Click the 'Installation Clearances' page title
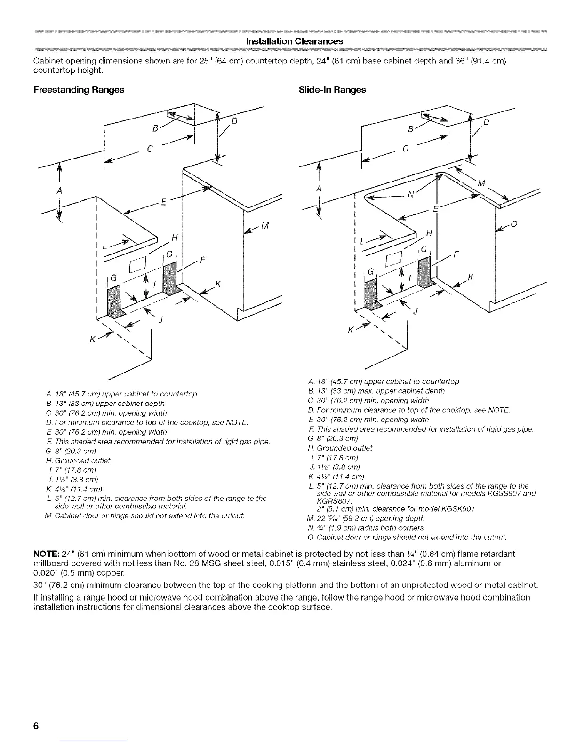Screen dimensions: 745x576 [x=288, y=41]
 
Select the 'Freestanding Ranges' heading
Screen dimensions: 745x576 [x=79, y=90]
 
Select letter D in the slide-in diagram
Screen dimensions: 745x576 [x=487, y=123]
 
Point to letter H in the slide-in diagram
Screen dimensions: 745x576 [x=428, y=234]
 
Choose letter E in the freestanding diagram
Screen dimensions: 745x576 [x=163, y=203]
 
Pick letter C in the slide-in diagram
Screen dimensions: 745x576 [x=406, y=148]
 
